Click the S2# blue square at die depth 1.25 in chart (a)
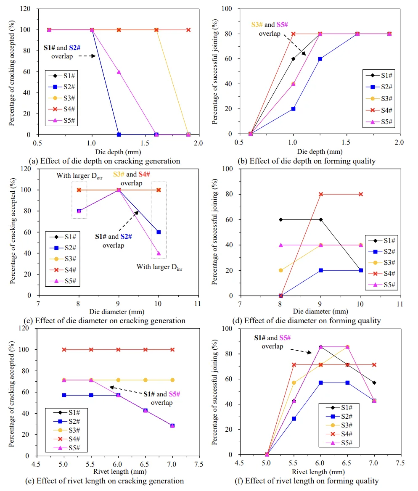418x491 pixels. (119, 135)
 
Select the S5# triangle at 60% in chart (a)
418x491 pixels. (119, 72)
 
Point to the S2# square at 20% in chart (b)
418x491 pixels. (293, 109)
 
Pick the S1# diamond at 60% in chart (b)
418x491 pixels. (293, 59)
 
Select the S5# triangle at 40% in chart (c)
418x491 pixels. (159, 253)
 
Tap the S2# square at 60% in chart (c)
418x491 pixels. (159, 232)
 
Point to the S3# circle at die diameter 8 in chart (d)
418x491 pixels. (280, 270)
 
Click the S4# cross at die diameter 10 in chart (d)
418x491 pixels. (360, 194)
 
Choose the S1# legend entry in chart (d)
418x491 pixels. (382, 241)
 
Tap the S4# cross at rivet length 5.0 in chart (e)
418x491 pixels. (64, 349)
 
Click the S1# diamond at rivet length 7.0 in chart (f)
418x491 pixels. (374, 383)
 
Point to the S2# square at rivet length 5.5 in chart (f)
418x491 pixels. (294, 419)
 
